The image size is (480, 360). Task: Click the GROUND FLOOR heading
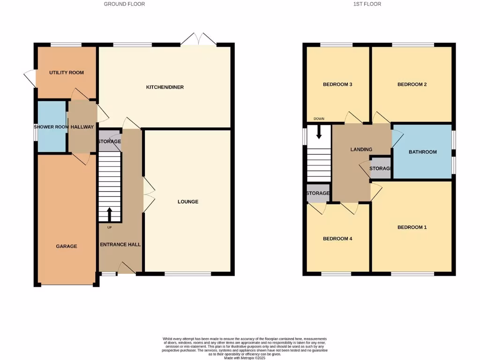click(x=124, y=4)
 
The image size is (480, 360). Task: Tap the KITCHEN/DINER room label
click(x=165, y=87)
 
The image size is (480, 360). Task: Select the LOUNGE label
click(x=187, y=202)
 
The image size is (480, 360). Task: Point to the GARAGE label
click(x=67, y=246)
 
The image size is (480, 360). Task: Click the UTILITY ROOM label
click(x=67, y=73)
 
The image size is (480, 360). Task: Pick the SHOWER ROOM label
click(x=51, y=127)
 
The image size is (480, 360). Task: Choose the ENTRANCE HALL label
click(x=120, y=244)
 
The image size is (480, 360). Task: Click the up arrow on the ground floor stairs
click(x=110, y=215)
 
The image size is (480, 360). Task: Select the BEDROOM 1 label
click(x=412, y=227)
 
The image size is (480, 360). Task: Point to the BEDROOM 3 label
click(x=337, y=84)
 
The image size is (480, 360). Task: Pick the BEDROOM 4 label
click(x=337, y=239)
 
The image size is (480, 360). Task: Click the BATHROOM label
click(x=422, y=152)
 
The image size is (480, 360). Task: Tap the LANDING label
click(x=361, y=150)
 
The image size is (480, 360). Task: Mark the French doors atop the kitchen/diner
click(x=199, y=40)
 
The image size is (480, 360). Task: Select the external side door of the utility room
click(x=30, y=78)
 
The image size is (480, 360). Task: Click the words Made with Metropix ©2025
click(x=245, y=358)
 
